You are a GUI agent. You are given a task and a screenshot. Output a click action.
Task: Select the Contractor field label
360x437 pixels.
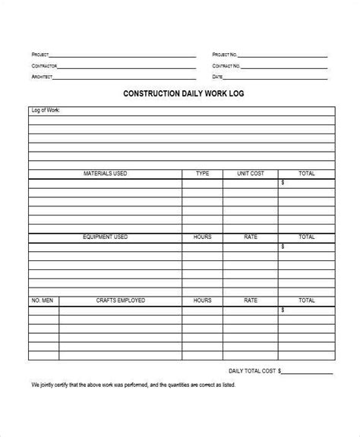(x=43, y=66)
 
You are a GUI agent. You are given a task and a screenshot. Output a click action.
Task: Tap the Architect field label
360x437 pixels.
(x=41, y=77)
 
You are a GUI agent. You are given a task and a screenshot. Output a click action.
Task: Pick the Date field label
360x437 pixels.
(x=217, y=77)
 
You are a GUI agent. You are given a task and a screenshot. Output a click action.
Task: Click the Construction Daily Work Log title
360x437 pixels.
(x=180, y=95)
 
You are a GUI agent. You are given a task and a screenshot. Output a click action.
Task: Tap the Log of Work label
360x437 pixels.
(x=46, y=111)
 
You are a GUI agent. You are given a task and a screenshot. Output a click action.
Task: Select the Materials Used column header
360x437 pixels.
(x=105, y=174)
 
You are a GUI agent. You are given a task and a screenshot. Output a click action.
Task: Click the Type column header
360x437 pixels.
(x=202, y=174)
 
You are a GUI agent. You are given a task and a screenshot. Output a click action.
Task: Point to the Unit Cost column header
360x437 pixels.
(x=251, y=174)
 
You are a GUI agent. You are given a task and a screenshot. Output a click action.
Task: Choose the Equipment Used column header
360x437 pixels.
(x=105, y=237)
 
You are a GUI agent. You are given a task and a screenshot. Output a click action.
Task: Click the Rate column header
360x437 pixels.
(x=251, y=237)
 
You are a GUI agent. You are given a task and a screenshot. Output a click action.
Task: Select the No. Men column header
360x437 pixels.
(x=43, y=300)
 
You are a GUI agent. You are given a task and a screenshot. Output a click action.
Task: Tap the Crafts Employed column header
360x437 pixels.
(x=120, y=300)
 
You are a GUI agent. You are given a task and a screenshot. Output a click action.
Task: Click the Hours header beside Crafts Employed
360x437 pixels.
(x=202, y=300)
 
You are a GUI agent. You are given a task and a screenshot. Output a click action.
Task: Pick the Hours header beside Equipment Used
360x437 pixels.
(x=202, y=237)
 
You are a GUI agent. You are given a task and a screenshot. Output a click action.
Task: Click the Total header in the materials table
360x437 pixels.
(x=306, y=174)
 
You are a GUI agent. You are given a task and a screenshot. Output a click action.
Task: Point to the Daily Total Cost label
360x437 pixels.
(x=252, y=371)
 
